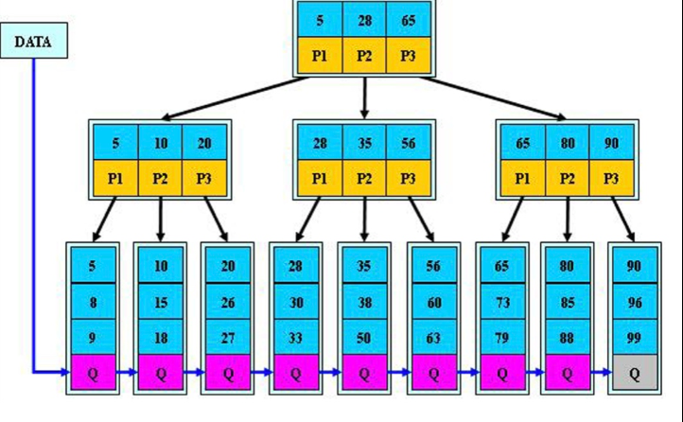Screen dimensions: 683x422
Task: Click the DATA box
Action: point(33,41)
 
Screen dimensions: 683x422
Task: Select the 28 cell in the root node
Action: point(364,20)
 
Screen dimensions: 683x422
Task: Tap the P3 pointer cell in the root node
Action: point(408,55)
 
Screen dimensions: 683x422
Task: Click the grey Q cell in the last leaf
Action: point(635,373)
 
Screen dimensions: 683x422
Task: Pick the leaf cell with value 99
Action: point(635,337)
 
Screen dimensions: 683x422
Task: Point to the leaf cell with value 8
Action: point(94,302)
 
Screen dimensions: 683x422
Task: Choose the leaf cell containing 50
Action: point(364,337)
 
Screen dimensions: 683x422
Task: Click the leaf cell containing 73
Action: point(502,302)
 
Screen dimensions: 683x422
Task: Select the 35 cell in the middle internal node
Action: point(364,143)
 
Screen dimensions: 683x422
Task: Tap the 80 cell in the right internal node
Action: point(568,143)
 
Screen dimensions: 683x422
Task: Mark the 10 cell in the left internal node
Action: point(160,143)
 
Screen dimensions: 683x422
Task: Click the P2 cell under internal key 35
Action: point(364,178)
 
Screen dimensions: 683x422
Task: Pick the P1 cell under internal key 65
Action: point(523,178)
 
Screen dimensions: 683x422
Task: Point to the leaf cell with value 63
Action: point(434,337)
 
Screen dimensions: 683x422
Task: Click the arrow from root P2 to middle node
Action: point(364,97)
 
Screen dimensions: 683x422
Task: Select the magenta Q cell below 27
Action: point(228,373)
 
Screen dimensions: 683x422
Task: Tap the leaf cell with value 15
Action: point(160,302)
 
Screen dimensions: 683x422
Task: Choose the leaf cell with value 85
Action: point(568,302)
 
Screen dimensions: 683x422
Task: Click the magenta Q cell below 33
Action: point(296,373)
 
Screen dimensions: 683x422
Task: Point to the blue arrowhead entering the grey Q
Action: point(607,373)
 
